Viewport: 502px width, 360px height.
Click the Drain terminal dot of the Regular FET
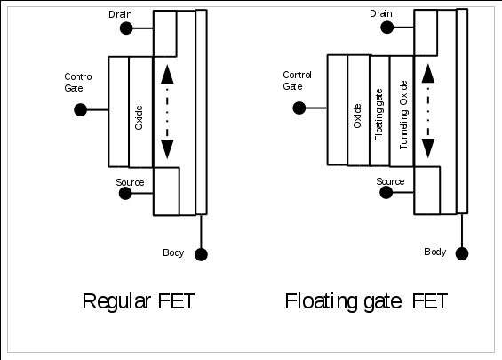(126, 28)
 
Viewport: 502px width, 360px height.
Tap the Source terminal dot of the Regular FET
(125, 193)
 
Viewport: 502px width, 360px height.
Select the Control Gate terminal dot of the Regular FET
(80, 110)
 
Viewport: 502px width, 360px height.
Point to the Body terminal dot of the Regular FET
(201, 254)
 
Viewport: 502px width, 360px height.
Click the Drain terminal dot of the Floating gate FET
(387, 28)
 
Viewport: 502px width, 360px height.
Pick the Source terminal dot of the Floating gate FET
(386, 192)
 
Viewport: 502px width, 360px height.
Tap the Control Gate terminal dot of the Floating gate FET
(299, 108)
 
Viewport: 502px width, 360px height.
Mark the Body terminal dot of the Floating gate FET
(462, 253)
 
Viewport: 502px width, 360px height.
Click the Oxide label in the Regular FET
(139, 117)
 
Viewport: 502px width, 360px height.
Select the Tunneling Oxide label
(403, 115)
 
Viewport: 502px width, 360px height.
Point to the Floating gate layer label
(378, 115)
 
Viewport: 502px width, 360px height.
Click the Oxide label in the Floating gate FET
(357, 116)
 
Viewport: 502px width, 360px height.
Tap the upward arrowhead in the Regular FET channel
(167, 75)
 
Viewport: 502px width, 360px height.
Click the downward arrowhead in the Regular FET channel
(167, 149)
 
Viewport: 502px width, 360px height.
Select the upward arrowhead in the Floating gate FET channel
(428, 74)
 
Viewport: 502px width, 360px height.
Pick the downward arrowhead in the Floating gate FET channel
(428, 148)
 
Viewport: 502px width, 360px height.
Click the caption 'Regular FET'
(139, 301)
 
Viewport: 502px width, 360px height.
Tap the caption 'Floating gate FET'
(366, 301)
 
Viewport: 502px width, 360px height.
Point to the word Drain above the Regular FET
(120, 14)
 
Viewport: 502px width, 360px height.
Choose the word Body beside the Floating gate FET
(434, 252)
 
